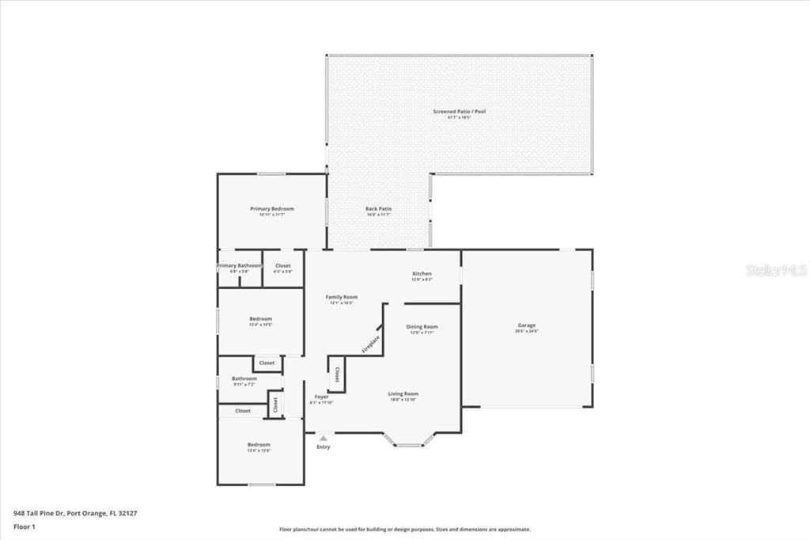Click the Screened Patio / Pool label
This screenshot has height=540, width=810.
459,112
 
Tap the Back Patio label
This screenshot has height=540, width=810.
378,209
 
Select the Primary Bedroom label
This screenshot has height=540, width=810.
271,209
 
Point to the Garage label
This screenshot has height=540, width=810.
527,325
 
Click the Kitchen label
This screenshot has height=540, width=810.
421,273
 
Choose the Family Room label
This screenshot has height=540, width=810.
342,297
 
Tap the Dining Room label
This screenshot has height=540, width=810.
421,326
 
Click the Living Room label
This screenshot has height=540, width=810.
403,394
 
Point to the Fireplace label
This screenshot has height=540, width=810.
371,344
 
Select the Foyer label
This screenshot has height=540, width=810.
321,397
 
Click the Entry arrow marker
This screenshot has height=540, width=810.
323,437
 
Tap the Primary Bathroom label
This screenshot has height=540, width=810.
239,266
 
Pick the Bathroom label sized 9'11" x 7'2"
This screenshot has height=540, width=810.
244,378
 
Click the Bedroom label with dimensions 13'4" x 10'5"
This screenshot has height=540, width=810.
260,319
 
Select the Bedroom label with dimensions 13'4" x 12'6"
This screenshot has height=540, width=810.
259,445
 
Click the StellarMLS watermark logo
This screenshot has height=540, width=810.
776,270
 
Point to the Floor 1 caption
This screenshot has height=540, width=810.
25,526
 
